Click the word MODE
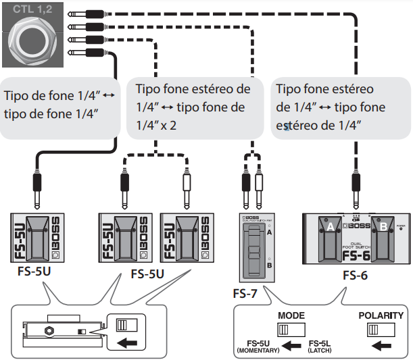click(x=291, y=315)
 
